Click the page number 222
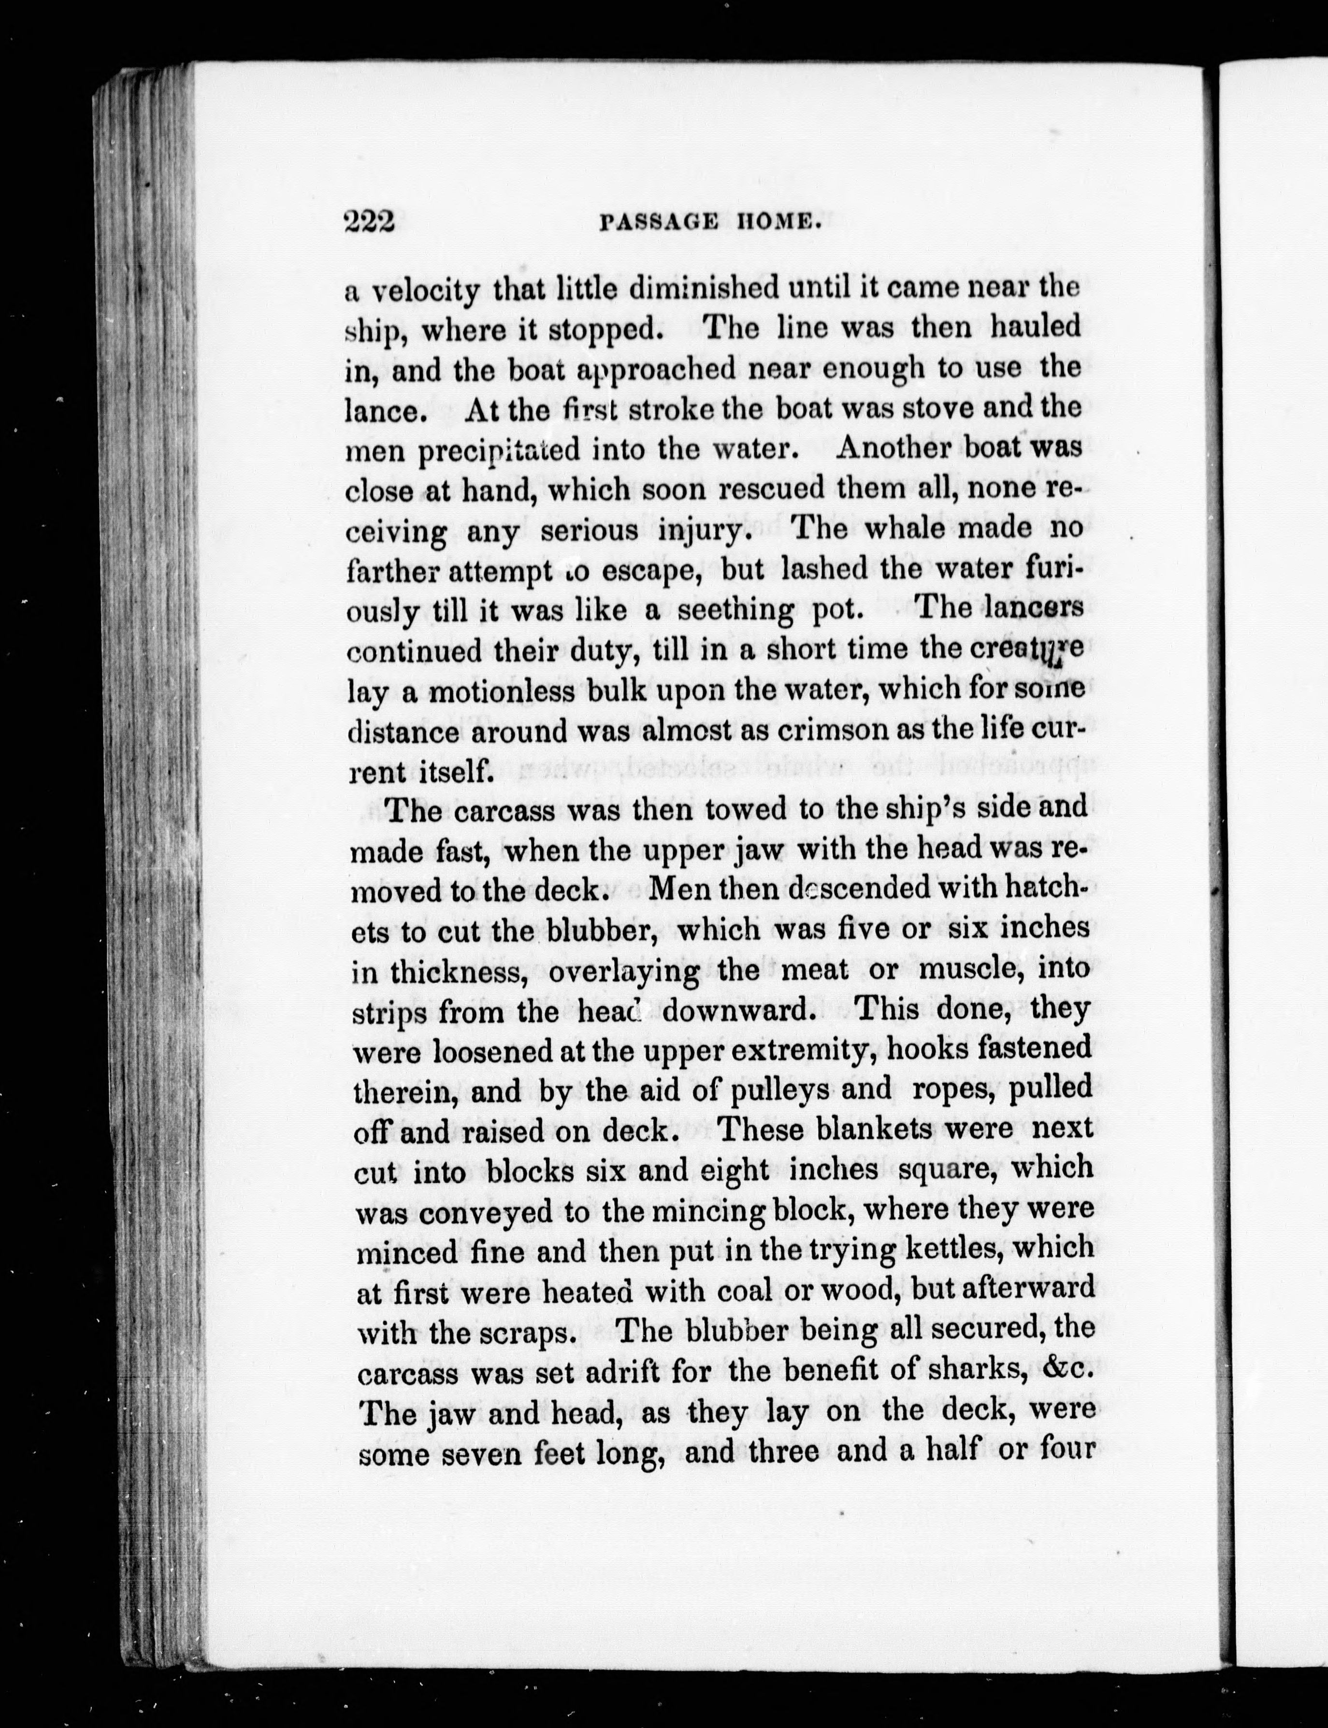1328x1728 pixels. [369, 223]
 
